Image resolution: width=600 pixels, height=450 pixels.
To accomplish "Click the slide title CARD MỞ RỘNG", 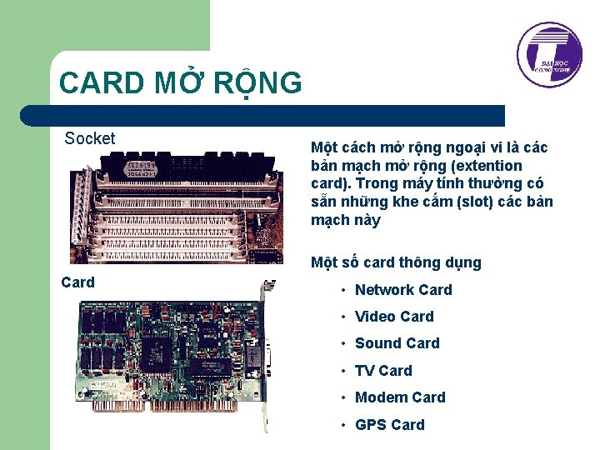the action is (x=181, y=83).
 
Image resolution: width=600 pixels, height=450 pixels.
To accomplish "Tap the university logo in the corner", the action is (x=547, y=55).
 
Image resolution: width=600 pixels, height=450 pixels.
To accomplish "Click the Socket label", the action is (x=90, y=138).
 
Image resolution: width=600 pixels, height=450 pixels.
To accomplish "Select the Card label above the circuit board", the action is (x=78, y=282).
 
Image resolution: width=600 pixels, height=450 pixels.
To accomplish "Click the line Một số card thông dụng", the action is (x=396, y=262).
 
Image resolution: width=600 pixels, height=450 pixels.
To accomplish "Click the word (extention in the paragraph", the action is (x=490, y=166).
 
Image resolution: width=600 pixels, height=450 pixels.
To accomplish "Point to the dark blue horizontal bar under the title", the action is (x=267, y=115).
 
